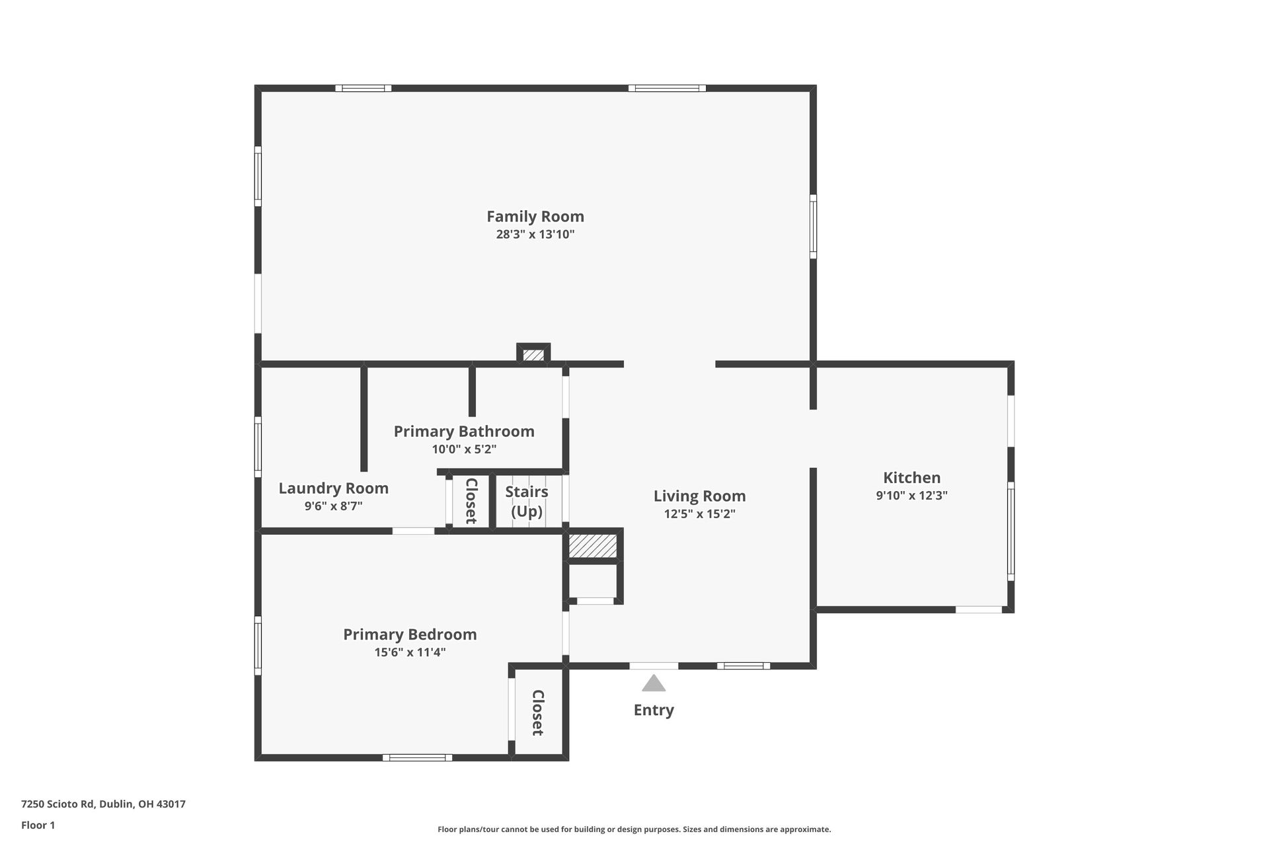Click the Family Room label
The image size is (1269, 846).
click(535, 216)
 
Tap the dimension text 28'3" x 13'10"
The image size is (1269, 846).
click(535, 234)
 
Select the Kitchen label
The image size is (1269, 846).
click(911, 477)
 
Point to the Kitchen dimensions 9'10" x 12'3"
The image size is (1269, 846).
click(911, 495)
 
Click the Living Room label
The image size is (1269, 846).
click(699, 496)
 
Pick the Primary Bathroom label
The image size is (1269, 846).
click(464, 431)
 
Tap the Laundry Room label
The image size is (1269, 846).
click(333, 488)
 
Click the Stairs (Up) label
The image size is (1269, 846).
click(527, 501)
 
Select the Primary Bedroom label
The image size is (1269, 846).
click(410, 634)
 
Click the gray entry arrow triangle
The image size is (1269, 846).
click(654, 684)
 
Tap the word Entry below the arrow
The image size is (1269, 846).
click(654, 710)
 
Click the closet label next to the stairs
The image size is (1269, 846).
click(471, 501)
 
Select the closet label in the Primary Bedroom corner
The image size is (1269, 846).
click(538, 712)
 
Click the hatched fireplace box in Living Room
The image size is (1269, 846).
click(593, 546)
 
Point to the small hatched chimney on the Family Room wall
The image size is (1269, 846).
click(533, 355)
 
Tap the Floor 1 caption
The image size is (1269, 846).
click(38, 825)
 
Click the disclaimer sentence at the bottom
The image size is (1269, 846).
click(634, 829)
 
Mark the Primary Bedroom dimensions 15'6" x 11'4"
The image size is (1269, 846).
click(410, 652)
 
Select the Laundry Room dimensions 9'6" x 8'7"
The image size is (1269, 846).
click(333, 506)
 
